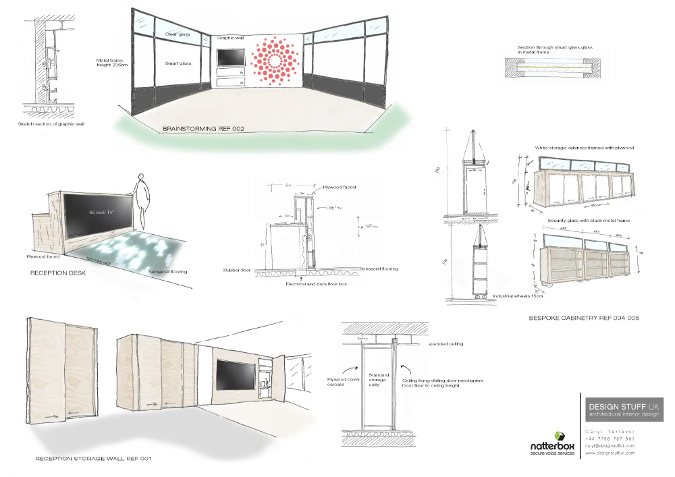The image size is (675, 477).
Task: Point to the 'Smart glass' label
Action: pyautogui.click(x=178, y=63)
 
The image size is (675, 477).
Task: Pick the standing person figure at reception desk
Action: pyautogui.click(x=140, y=199)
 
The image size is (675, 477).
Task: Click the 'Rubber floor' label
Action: pyautogui.click(x=237, y=270)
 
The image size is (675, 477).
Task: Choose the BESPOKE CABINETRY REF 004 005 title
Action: pyautogui.click(x=583, y=317)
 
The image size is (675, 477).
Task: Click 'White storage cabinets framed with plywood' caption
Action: pyautogui.click(x=585, y=147)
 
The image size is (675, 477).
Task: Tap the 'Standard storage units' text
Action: pyautogui.click(x=378, y=380)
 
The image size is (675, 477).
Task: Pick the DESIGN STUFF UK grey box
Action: pyautogui.click(x=624, y=410)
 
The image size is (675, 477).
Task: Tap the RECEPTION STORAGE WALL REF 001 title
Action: pyautogui.click(x=93, y=459)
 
